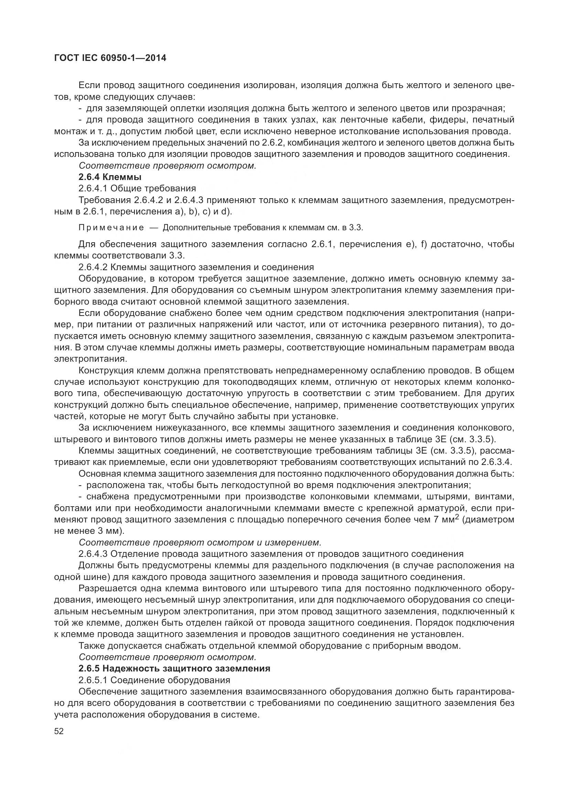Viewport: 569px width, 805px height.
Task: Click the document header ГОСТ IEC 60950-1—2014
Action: click(110, 58)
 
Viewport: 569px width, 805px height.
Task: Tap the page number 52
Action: click(59, 731)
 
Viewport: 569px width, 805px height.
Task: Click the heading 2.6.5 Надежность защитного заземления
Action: click(174, 668)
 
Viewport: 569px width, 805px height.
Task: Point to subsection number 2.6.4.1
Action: click(93, 189)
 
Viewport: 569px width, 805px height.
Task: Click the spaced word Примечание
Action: click(111, 228)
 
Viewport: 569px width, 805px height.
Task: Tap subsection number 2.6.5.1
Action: click(93, 680)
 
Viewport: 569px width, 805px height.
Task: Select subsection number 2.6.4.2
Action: click(93, 267)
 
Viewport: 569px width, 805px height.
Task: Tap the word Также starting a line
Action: click(90, 645)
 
